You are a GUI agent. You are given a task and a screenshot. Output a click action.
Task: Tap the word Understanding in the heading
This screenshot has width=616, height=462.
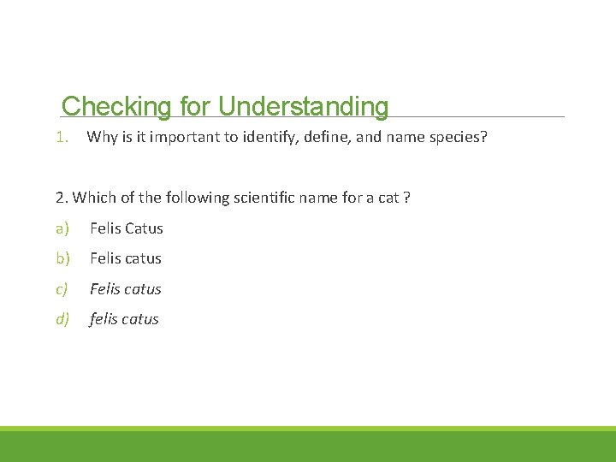click(303, 106)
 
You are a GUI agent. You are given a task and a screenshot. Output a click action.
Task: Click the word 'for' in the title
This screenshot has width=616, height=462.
click(195, 106)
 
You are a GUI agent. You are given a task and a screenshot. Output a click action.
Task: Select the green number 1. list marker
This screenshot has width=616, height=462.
click(62, 137)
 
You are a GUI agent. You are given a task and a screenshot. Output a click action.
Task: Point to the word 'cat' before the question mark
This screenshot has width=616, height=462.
click(389, 198)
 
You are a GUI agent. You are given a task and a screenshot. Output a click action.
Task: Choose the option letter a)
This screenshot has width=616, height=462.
click(62, 228)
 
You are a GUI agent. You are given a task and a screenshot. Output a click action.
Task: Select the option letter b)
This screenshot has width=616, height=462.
click(62, 258)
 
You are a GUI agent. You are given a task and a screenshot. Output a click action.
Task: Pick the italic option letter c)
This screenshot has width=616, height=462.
click(62, 289)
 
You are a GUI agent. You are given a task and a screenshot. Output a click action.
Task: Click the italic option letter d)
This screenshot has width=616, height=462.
click(62, 319)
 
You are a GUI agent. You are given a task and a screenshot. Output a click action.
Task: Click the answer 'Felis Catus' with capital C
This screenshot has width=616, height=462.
click(127, 228)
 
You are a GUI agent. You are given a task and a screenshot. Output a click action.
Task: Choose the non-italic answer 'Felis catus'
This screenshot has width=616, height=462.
click(126, 258)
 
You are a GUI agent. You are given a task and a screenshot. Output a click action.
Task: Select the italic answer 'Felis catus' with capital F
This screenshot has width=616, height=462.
click(126, 289)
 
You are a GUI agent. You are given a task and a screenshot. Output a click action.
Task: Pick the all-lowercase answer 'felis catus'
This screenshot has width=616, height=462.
click(124, 319)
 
